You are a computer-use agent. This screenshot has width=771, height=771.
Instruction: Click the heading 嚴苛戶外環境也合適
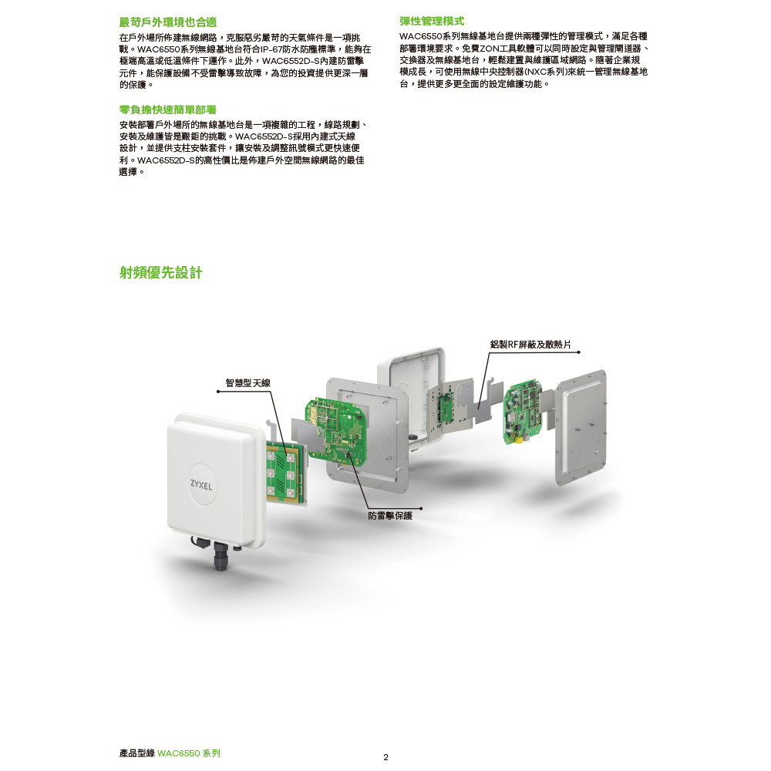[167, 22]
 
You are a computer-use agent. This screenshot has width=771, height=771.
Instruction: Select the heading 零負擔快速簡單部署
[167, 109]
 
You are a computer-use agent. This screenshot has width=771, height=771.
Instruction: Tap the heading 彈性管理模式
[432, 21]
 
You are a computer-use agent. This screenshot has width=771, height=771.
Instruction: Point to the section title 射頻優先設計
[161, 272]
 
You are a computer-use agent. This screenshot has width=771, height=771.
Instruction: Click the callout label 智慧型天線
[247, 383]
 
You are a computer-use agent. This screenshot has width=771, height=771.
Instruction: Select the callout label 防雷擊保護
[390, 515]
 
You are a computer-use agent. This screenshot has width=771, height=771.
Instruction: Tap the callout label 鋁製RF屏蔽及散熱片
[530, 344]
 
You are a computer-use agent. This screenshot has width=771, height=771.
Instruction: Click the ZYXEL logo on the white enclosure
[201, 485]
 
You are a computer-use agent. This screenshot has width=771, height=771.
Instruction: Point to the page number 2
[385, 757]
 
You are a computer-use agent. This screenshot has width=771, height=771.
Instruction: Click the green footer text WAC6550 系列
[189, 753]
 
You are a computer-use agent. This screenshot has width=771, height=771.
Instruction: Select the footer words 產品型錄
[136, 753]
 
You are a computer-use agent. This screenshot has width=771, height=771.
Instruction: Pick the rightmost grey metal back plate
[581, 427]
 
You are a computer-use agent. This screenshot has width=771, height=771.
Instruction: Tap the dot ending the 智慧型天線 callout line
[218, 392]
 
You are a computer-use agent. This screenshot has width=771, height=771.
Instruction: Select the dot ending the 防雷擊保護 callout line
[421, 508]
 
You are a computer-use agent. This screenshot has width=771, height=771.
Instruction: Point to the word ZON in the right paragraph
[490, 48]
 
